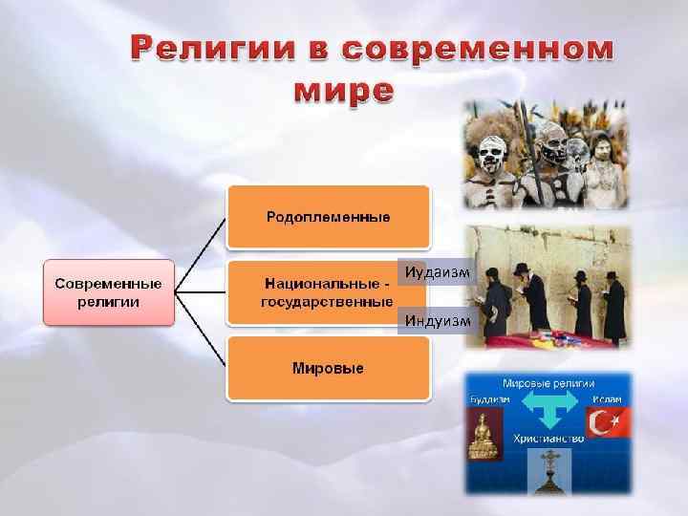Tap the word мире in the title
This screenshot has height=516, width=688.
[x=342, y=91]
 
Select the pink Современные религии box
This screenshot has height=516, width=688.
[x=108, y=293]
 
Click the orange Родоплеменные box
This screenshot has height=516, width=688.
[x=328, y=217]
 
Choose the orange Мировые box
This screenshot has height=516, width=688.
[x=328, y=368]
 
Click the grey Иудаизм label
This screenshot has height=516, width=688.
[x=437, y=272]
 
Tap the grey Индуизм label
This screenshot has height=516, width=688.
[x=437, y=320]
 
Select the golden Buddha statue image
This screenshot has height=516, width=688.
[x=483, y=435]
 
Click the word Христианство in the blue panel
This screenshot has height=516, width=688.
[x=548, y=439]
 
